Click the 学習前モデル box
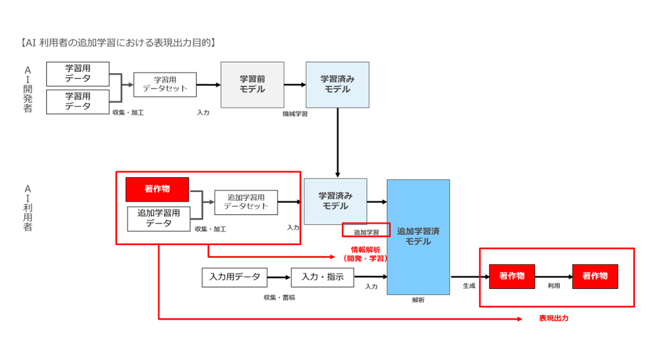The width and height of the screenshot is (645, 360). pos(252,85)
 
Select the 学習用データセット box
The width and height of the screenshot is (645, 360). pos(165,85)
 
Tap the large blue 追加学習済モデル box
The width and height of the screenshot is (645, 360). pos(419,236)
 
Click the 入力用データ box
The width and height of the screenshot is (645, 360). pos(234,277)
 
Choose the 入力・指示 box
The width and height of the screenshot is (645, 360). pos(322,277)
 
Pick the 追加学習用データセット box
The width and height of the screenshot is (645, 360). pos(246,202)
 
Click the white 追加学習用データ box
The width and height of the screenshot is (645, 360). pos(159,218)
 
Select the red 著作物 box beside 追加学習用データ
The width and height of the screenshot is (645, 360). pos(157,189)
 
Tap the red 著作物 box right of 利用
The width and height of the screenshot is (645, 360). pos(595,277)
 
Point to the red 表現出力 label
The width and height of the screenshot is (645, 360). pos(554,318)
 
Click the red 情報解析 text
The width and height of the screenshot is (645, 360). pos(365,250)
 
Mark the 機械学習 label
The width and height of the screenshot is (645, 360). pos(295,114)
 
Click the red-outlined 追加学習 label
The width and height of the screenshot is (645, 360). pos(366,232)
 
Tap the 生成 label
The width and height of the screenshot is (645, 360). pos(469,285)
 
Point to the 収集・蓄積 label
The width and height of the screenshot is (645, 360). pos(279,298)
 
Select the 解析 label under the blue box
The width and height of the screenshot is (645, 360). pos(418,300)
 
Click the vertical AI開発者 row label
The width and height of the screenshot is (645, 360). pos(28,89)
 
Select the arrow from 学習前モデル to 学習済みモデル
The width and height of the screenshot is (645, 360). pos(295,85)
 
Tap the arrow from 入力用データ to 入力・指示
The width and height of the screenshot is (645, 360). pos(279,277)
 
